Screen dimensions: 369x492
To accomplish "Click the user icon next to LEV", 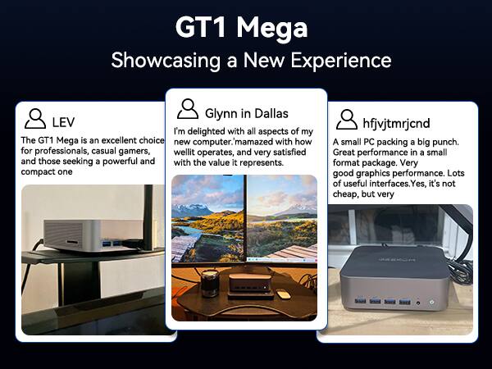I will (x=35, y=120).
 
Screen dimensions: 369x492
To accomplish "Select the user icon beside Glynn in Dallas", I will (x=188, y=109).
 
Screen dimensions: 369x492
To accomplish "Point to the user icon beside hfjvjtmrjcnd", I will (x=346, y=120).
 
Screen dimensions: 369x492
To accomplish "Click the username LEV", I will (x=63, y=122).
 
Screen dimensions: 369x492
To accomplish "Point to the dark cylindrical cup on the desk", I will (x=208, y=283).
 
